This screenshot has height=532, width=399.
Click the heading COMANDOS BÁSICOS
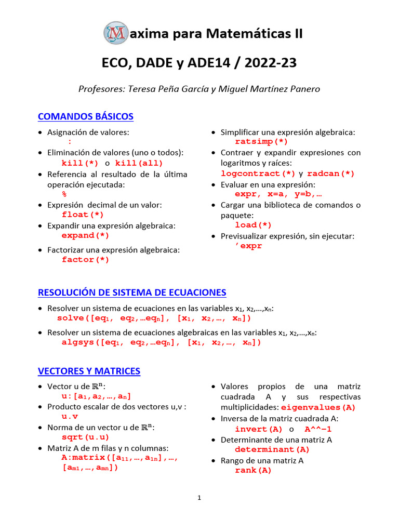tap(86, 116)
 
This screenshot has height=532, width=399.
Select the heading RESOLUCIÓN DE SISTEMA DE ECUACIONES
tap(132, 292)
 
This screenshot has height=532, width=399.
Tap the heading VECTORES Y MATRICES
tap(89, 371)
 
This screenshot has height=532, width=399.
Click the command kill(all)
tap(139, 163)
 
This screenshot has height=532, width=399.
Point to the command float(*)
tap(83, 215)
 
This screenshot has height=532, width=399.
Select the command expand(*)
tap(85, 235)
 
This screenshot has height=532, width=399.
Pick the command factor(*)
tap(85, 260)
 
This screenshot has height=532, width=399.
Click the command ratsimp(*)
tap(261, 141)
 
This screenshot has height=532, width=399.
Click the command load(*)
tap(253, 225)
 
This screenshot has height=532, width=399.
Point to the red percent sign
tap(64, 194)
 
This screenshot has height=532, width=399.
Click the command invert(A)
tap(259, 429)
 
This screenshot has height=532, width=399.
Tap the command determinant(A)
tap(272, 449)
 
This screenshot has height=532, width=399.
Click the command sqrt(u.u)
tap(85, 437)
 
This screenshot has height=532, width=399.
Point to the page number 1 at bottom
tap(199, 498)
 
